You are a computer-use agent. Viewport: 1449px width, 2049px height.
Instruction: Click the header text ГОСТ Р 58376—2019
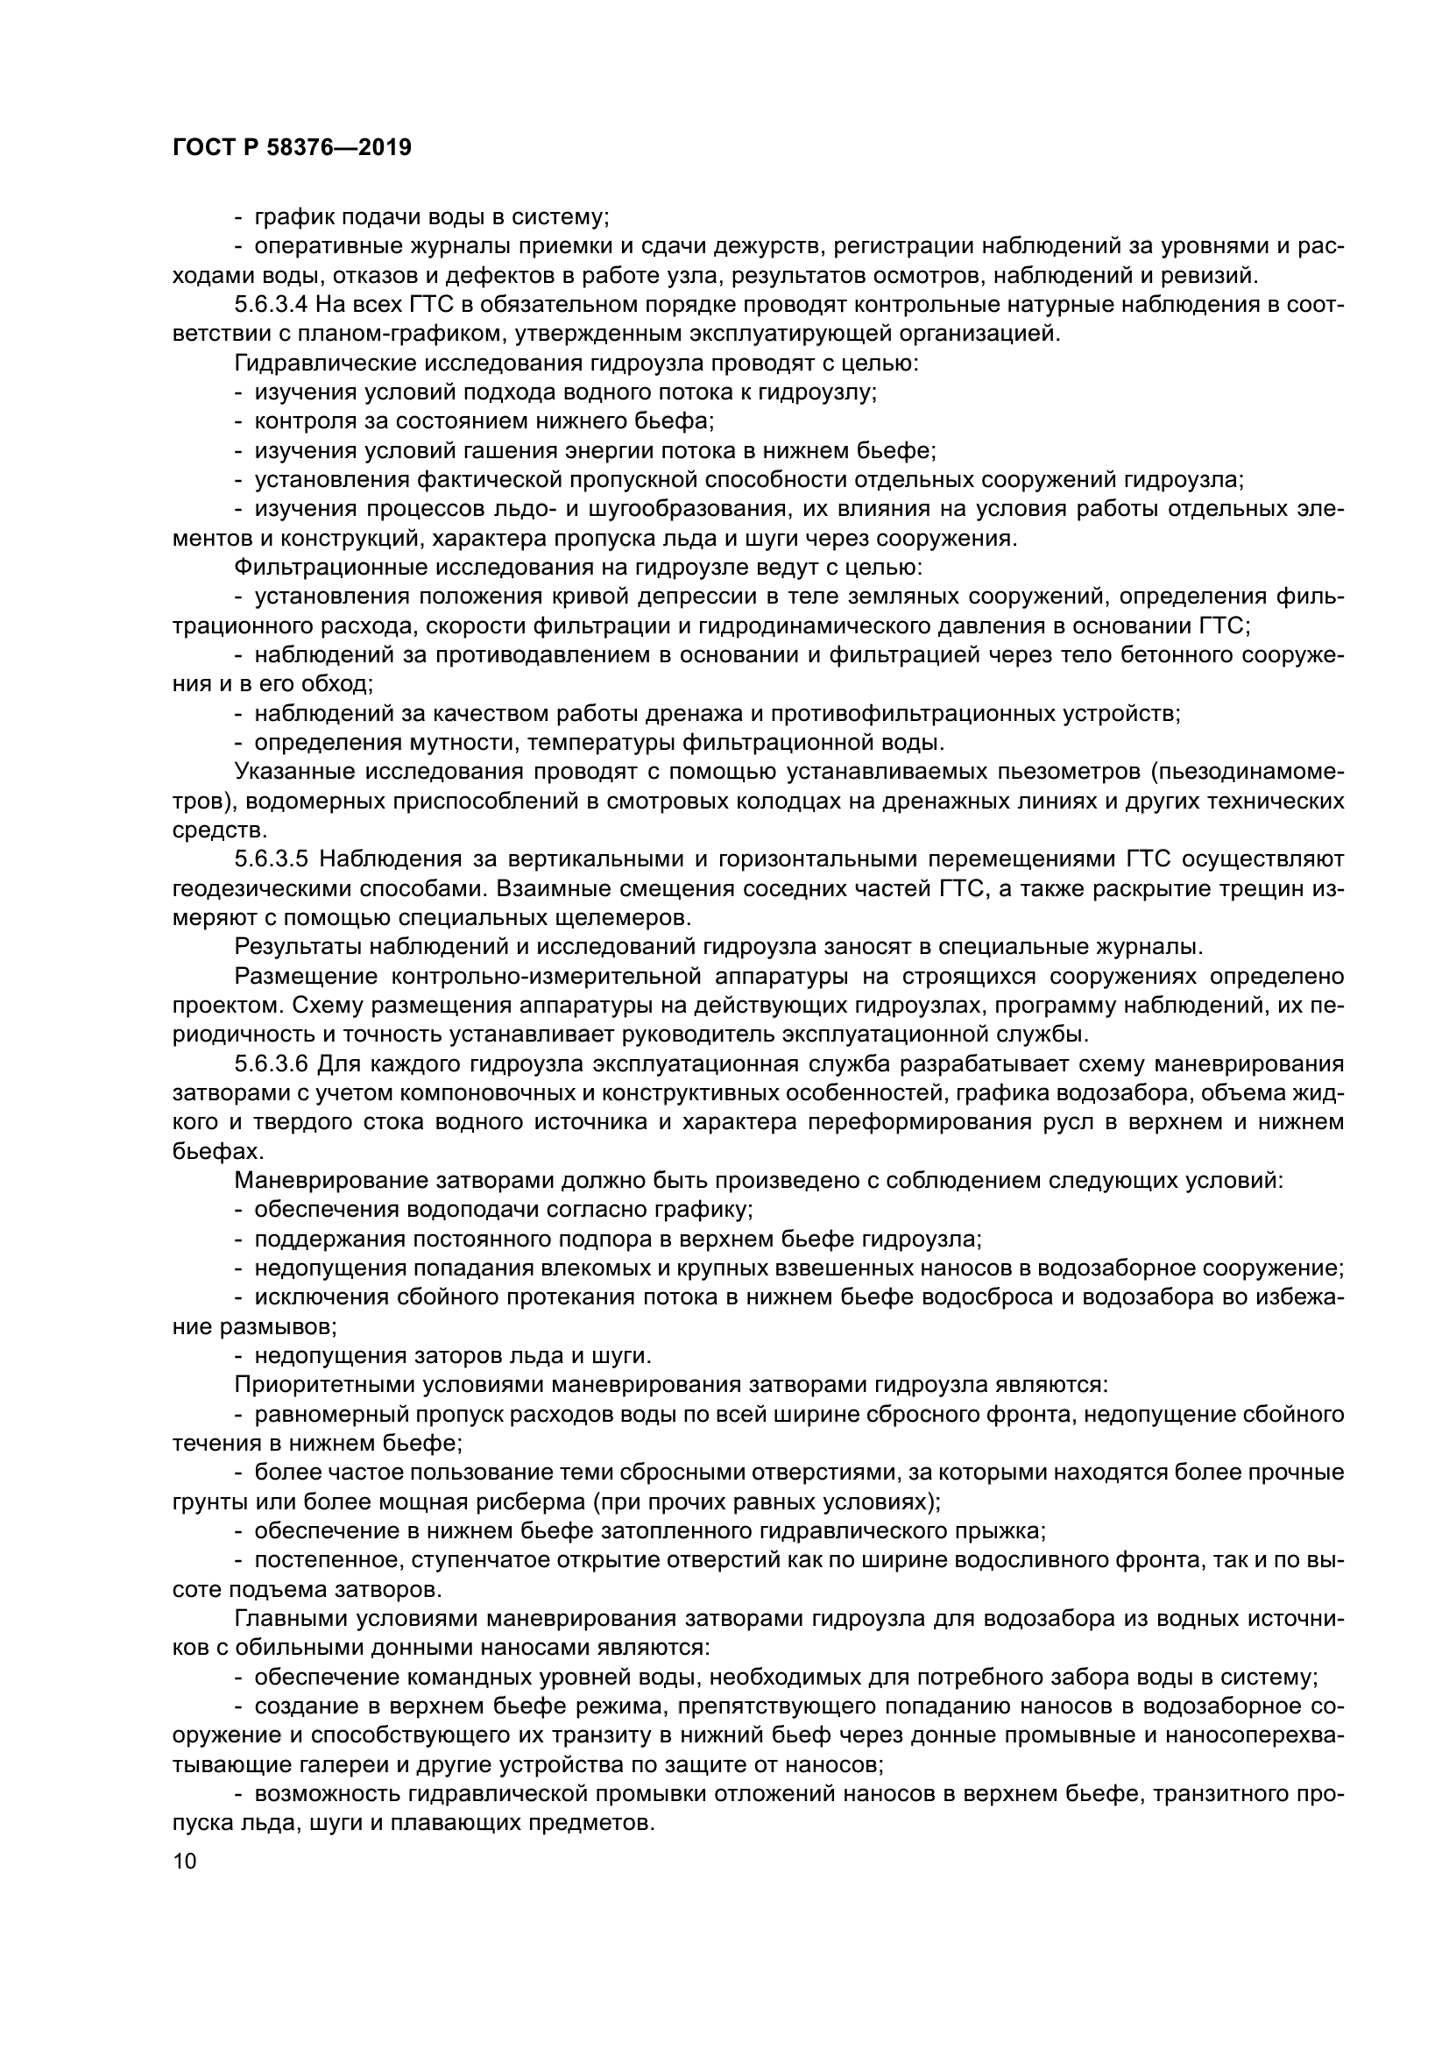[292, 148]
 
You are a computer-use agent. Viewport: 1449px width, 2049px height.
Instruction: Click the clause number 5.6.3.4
[272, 305]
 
